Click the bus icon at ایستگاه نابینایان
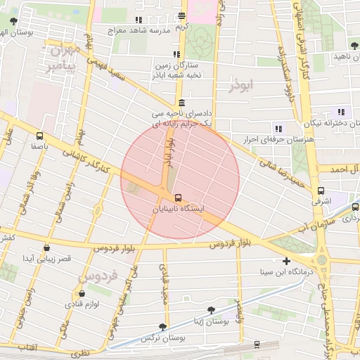[177, 198]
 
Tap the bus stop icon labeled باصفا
[39, 136]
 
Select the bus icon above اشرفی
[321, 190]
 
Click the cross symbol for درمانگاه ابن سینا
[285, 261]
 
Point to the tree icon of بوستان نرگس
[163, 327]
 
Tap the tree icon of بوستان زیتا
[211, 310]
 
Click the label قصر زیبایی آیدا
[47, 259]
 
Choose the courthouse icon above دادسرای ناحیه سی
[181, 102]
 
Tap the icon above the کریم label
[182, 15]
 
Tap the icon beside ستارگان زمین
[177, 54]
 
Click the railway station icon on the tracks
[257, 344]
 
